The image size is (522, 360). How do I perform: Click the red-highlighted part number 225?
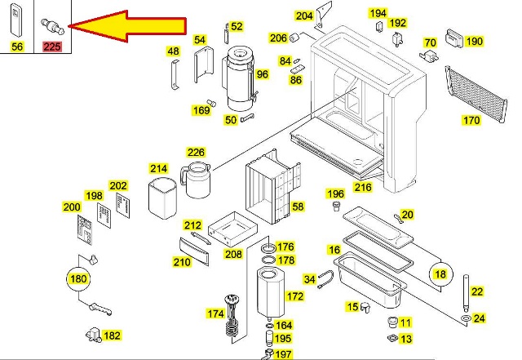tap(52, 47)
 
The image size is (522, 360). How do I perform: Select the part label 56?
tap(17, 47)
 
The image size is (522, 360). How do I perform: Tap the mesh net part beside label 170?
tap(478, 94)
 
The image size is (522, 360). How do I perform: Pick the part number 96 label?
tap(262, 74)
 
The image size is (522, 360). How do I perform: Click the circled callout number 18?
tap(440, 274)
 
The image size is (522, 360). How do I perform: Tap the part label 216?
tap(363, 187)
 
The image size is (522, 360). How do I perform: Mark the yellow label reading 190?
tap(475, 42)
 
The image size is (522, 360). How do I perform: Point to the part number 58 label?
tap(297, 207)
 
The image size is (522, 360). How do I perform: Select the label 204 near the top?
tap(304, 16)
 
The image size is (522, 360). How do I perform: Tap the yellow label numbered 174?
tap(215, 313)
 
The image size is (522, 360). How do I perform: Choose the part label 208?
tap(234, 254)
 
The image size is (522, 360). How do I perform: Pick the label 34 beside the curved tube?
tap(309, 280)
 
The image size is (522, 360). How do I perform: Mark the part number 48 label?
tap(173, 51)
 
